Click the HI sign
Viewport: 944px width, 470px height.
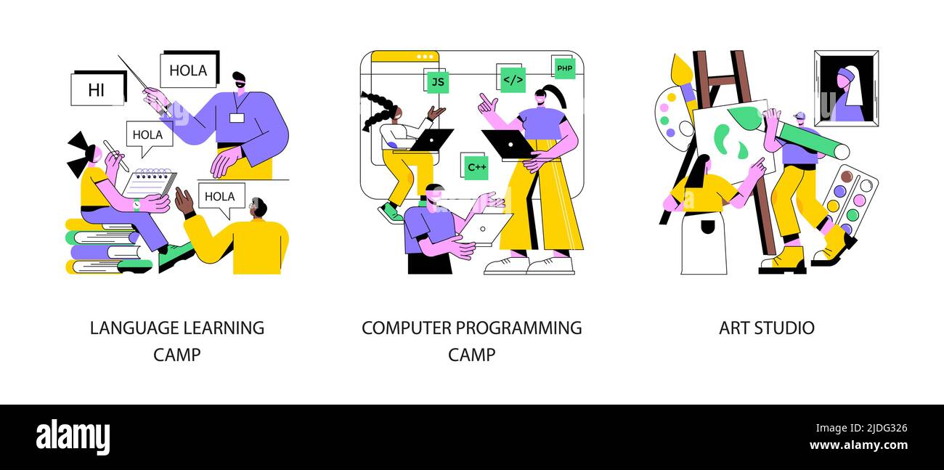pos(98,89)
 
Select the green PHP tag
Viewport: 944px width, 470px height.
pos(565,68)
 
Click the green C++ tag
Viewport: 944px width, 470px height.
pos(476,167)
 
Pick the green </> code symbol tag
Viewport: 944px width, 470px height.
pos(513,80)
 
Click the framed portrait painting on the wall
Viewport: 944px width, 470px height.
pos(846,88)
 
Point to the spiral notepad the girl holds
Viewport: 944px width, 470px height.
pos(149,183)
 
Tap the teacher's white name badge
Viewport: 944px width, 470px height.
pos(237,118)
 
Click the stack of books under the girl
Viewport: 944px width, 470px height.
pos(107,246)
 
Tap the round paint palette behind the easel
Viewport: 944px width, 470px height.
pos(672,119)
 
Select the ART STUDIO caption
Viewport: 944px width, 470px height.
pos(767,328)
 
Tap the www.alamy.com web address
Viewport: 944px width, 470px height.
pos(858,445)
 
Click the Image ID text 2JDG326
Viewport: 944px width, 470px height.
pos(886,428)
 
